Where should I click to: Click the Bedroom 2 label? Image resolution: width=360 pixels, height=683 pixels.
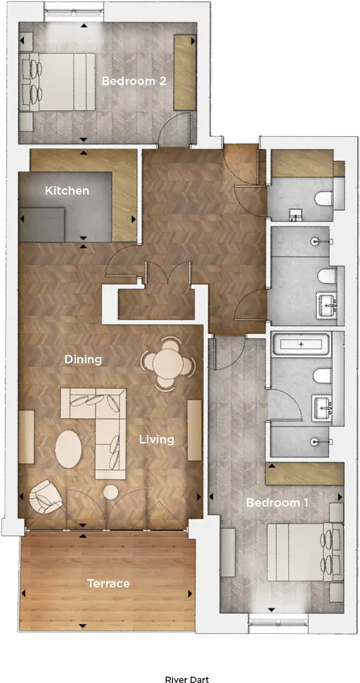click(134, 81)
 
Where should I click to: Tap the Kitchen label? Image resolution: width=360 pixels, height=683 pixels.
click(67, 191)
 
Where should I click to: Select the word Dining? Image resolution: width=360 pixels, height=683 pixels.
click(83, 360)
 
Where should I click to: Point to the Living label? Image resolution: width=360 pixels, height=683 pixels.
click(157, 439)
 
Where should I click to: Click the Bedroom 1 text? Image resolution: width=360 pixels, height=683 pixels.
click(277, 502)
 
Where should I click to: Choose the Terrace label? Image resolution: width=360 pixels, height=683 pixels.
click(108, 583)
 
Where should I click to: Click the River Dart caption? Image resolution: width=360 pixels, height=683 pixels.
click(187, 679)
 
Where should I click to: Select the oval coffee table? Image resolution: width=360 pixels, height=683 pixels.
click(68, 449)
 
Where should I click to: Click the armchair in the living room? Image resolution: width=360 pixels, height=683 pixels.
click(45, 497)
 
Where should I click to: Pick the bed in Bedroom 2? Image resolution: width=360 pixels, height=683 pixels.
click(57, 82)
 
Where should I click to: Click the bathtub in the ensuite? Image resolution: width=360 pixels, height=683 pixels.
click(301, 344)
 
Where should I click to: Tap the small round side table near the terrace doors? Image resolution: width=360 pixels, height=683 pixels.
click(110, 492)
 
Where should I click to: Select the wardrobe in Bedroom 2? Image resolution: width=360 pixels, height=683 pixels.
click(185, 72)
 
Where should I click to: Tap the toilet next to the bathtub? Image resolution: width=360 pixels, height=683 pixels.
click(323, 375)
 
